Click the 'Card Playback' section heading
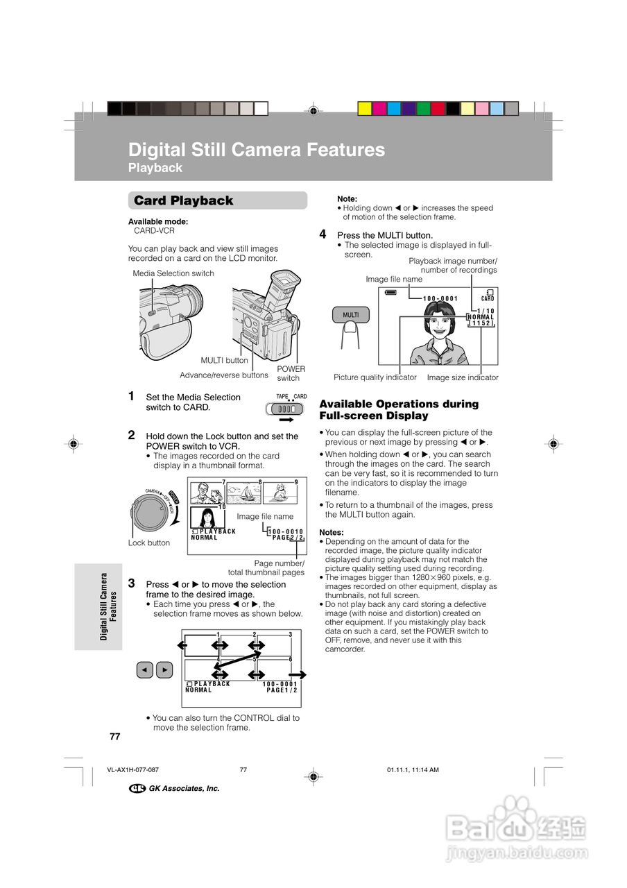184,200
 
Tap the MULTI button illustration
351,315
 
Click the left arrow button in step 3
144,669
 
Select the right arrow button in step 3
164,669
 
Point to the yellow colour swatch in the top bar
364,108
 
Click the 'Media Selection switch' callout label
173,273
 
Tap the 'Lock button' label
149,543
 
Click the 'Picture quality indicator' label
375,377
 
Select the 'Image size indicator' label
463,377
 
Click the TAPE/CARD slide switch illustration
285,409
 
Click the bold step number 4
323,234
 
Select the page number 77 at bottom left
115,736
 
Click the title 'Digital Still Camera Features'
257,150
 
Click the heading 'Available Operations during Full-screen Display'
399,409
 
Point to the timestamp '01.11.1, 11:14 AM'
413,770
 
